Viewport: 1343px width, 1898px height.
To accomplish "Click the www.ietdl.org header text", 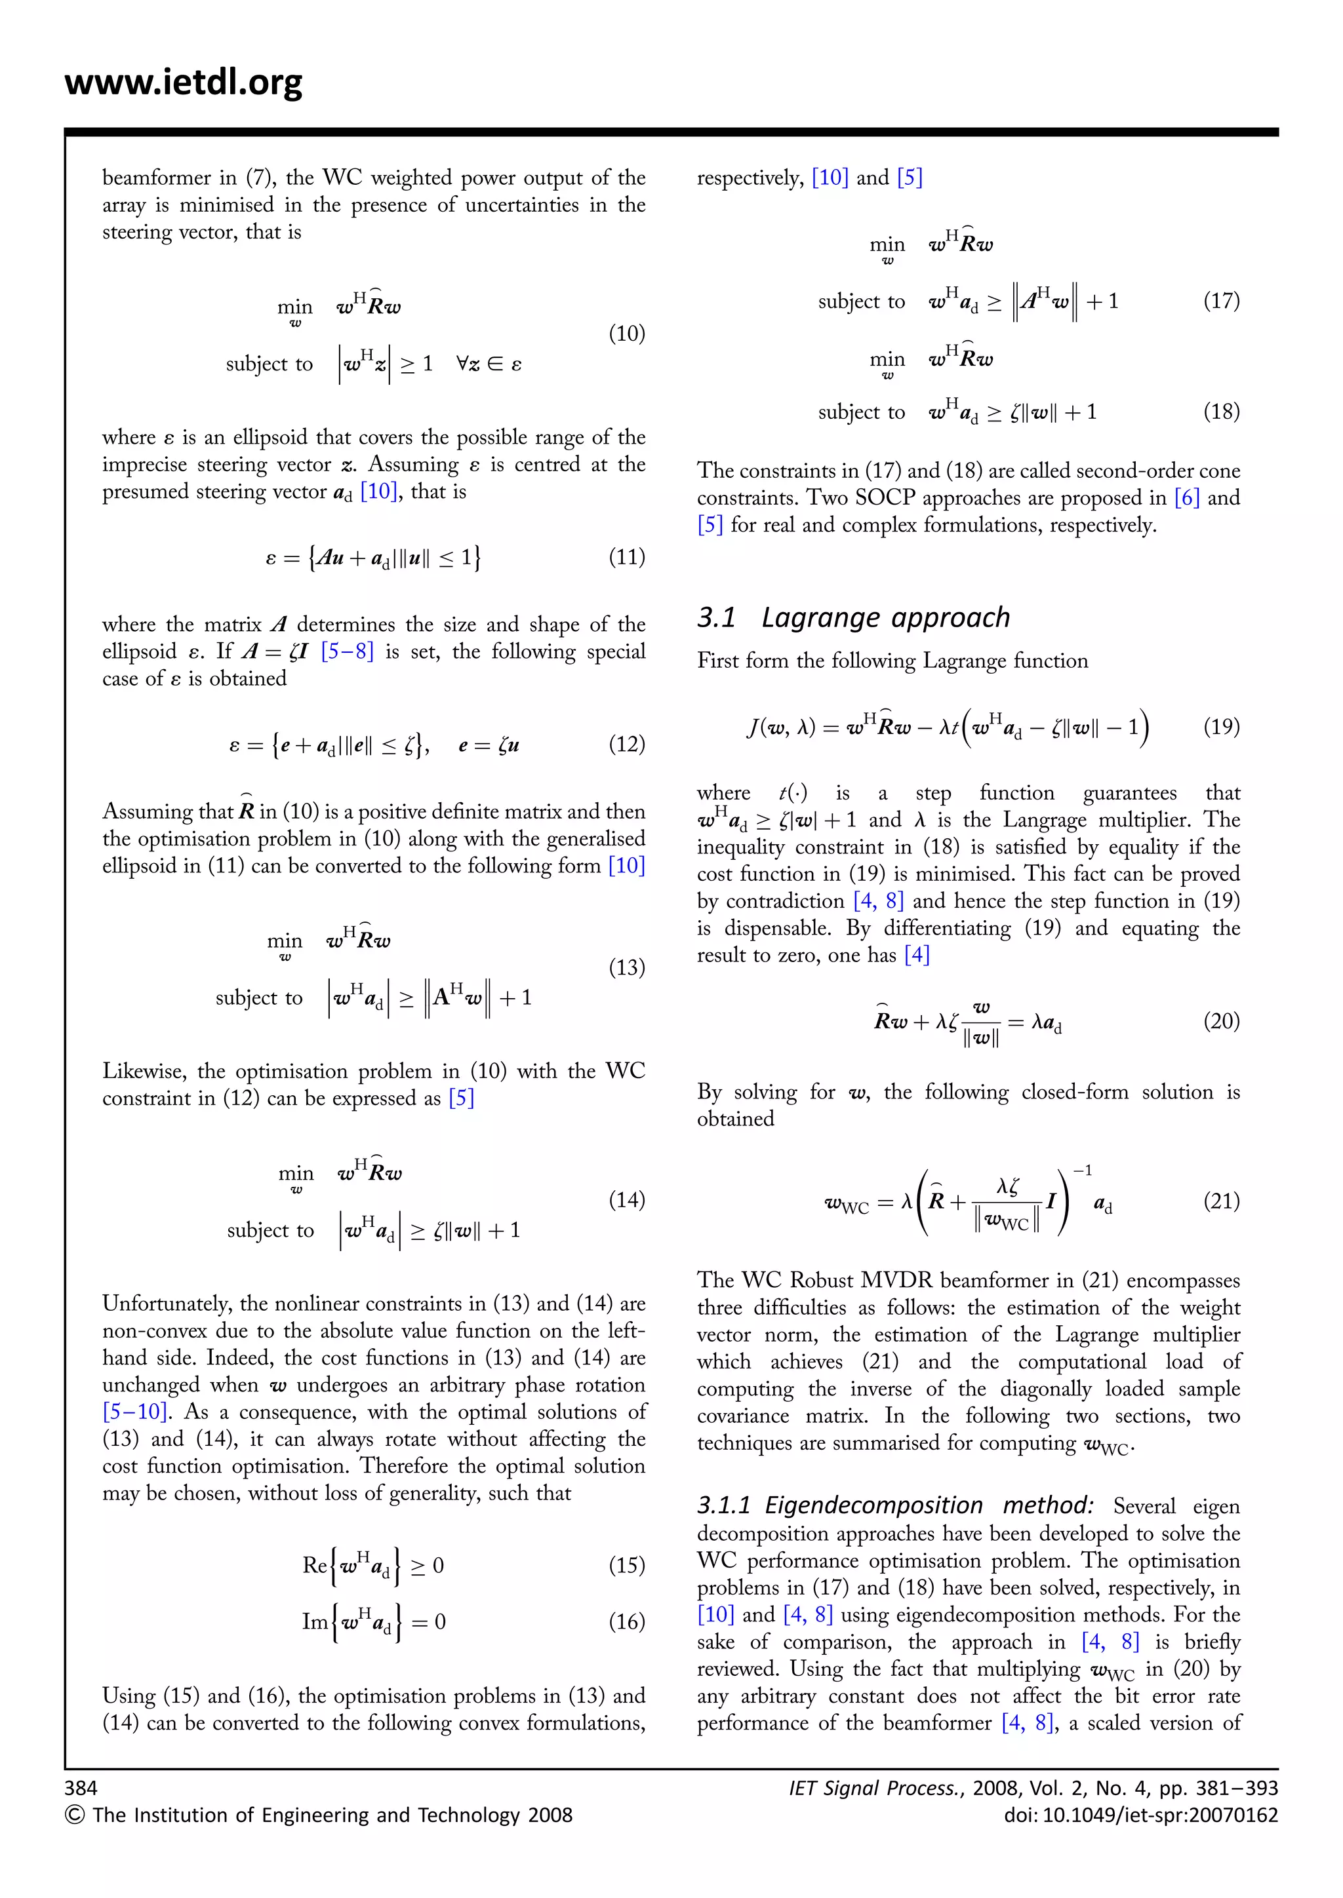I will (184, 83).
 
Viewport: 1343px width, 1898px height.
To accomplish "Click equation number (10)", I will (626, 334).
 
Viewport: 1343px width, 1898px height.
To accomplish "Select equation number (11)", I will (626, 557).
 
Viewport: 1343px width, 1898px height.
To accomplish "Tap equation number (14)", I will (626, 1199).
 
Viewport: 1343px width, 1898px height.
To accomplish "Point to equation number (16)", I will (626, 1622).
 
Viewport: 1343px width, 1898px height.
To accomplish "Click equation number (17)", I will (1220, 301).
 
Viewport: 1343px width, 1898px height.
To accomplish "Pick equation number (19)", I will (1220, 727).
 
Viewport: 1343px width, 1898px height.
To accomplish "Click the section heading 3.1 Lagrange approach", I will (852, 617).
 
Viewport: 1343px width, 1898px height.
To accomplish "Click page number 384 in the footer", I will (81, 1788).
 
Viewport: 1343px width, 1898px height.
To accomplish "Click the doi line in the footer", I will (1140, 1815).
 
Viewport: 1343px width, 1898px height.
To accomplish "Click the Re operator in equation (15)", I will (314, 1566).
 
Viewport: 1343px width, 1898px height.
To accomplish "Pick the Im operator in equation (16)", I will (314, 1622).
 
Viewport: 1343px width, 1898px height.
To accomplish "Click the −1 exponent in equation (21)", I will (1083, 1171).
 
